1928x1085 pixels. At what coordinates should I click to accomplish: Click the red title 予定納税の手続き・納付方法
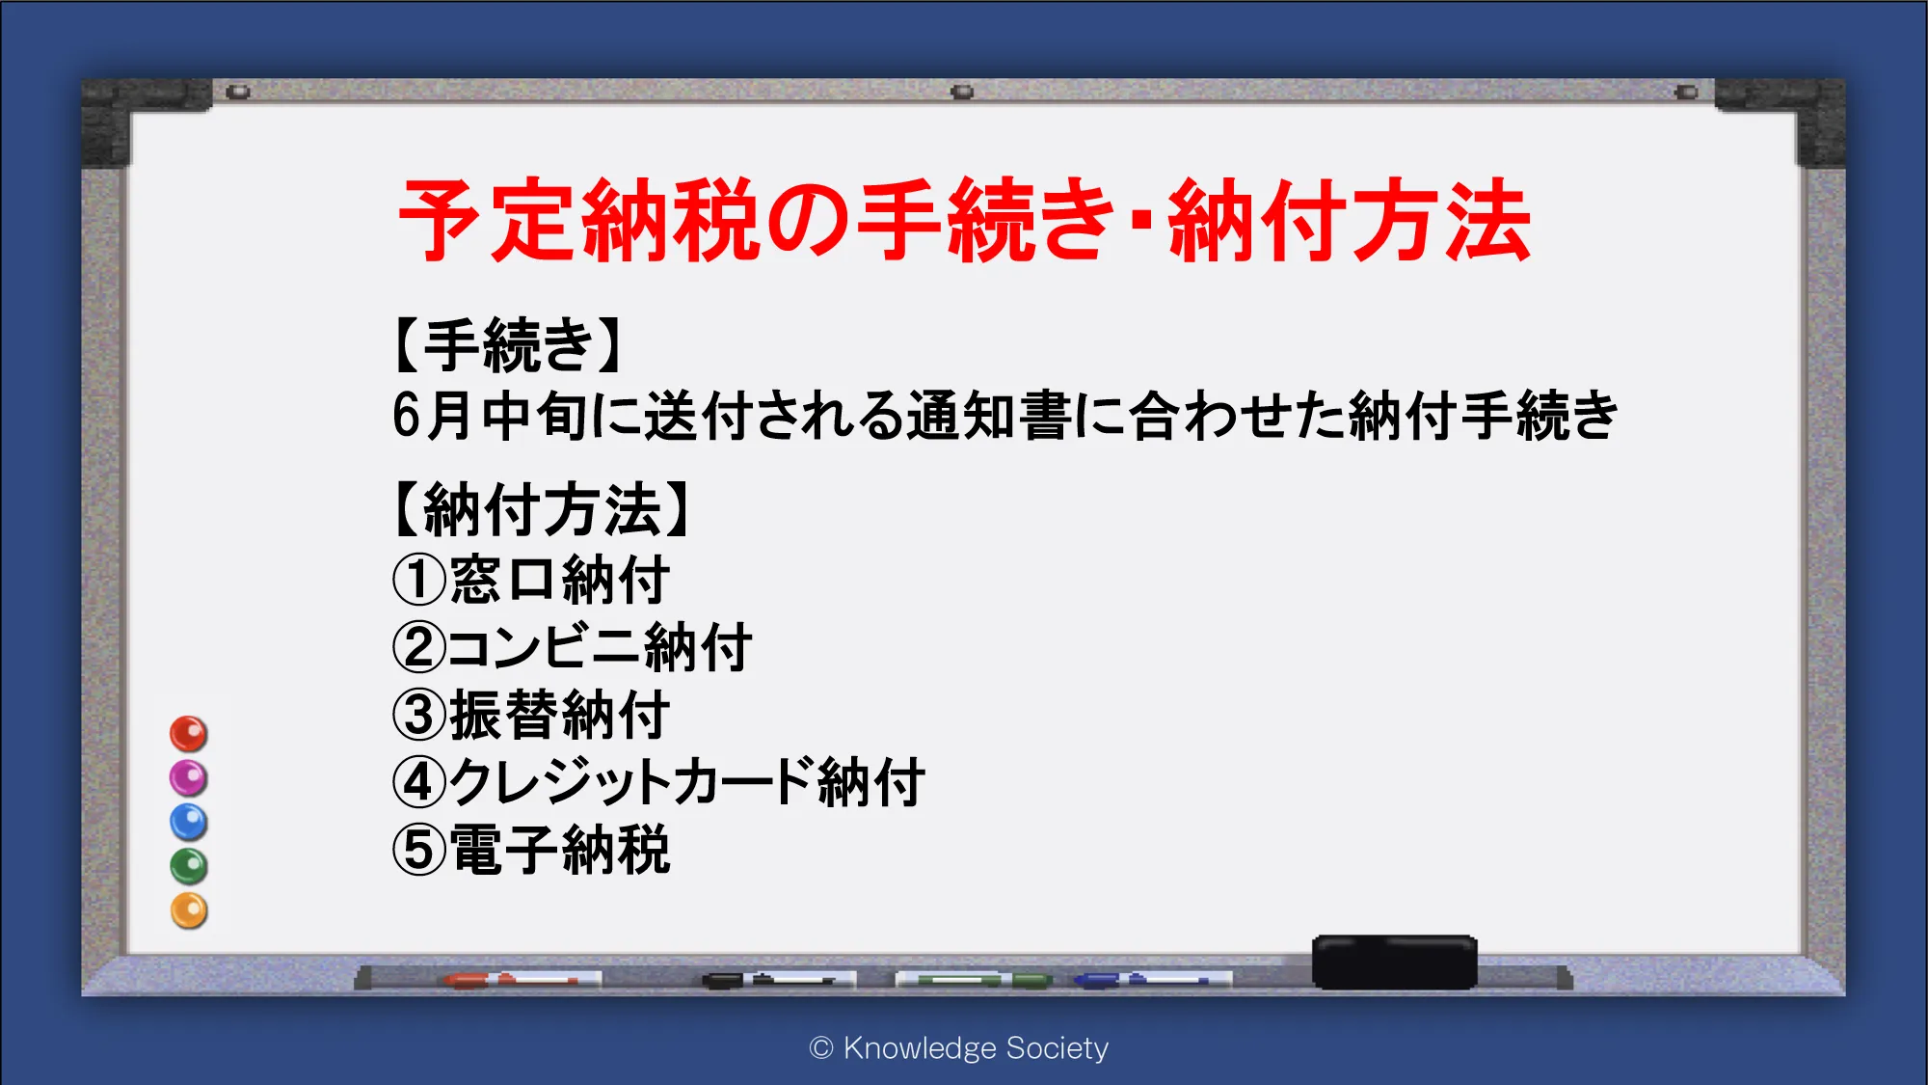[964, 221]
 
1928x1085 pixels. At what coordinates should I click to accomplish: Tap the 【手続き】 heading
[508, 345]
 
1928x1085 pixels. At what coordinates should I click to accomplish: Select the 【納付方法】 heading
[542, 509]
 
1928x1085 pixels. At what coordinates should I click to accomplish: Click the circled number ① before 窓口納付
[419, 580]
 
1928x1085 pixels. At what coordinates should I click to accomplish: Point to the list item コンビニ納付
[599, 647]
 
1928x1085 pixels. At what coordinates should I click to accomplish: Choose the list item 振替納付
[559, 715]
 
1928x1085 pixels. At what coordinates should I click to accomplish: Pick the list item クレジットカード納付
[686, 782]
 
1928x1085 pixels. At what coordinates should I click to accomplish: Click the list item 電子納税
[559, 850]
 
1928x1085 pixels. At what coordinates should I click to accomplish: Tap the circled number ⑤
[419, 850]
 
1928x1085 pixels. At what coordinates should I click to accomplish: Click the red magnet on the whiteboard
[189, 734]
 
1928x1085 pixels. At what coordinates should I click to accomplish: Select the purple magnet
[189, 778]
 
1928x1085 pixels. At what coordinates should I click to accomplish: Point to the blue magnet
[189, 823]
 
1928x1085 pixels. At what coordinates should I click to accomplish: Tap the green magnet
[189, 866]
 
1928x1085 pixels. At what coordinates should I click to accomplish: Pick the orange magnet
[189, 910]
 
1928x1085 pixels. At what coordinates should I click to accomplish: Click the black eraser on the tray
[1395, 962]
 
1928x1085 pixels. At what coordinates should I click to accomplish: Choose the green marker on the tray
[974, 980]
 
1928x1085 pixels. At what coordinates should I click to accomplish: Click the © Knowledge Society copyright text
[959, 1047]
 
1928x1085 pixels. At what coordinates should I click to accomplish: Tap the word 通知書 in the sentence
[989, 416]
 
